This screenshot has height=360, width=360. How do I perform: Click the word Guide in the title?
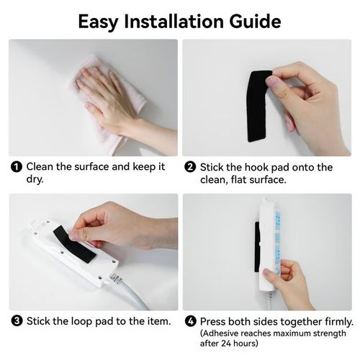252,21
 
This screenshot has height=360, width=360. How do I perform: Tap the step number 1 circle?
16,167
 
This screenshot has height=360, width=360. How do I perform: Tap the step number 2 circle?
190,167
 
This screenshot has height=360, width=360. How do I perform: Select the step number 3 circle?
16,321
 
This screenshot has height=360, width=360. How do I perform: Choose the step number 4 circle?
190,321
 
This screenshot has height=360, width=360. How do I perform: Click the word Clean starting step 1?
42,167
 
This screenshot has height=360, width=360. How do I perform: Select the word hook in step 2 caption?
252,167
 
